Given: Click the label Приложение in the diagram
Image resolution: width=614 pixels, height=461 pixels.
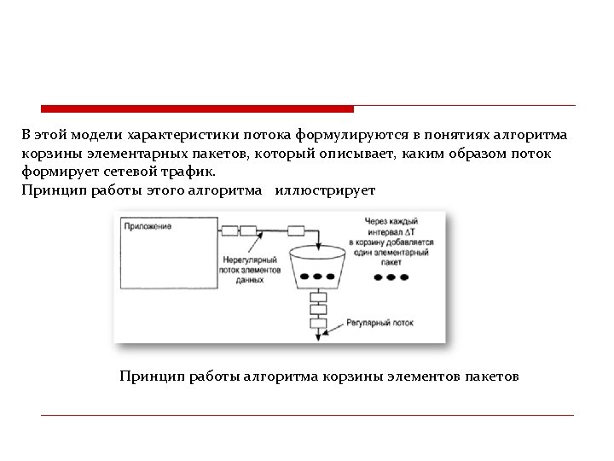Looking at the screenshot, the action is pyautogui.click(x=148, y=226).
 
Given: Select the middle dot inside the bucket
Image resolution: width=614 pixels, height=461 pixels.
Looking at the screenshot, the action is pyautogui.click(x=317, y=277).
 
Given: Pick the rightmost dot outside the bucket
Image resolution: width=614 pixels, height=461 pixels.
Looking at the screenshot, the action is pyautogui.click(x=404, y=278).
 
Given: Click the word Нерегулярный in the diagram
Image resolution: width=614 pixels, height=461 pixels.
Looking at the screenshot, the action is pyautogui.click(x=249, y=259).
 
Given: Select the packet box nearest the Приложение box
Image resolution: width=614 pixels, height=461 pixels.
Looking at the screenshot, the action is pyautogui.click(x=228, y=230).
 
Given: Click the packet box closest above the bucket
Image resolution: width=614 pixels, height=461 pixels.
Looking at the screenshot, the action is pyautogui.click(x=296, y=230).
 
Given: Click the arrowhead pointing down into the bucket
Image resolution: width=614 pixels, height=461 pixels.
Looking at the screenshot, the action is pyautogui.click(x=318, y=247).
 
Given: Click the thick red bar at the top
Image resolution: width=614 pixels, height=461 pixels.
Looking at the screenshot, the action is pyautogui.click(x=197, y=108).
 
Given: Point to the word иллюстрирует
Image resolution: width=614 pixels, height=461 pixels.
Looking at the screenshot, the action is pyautogui.click(x=325, y=189).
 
